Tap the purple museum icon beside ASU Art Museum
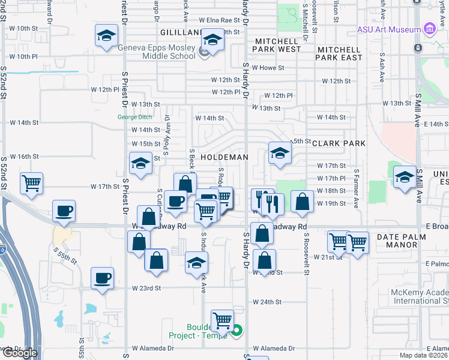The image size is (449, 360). click(429, 29)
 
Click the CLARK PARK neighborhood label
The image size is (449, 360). click(339, 144)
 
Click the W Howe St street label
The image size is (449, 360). click(268, 68)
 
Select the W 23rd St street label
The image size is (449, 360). click(146, 288)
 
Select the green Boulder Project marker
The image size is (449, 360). click(237, 330)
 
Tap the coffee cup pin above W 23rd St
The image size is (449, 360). click(102, 278)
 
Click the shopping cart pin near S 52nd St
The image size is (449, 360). click(31, 182)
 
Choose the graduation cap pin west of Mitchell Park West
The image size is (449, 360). click(212, 40)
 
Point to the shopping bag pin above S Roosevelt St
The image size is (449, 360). click(302, 201)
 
